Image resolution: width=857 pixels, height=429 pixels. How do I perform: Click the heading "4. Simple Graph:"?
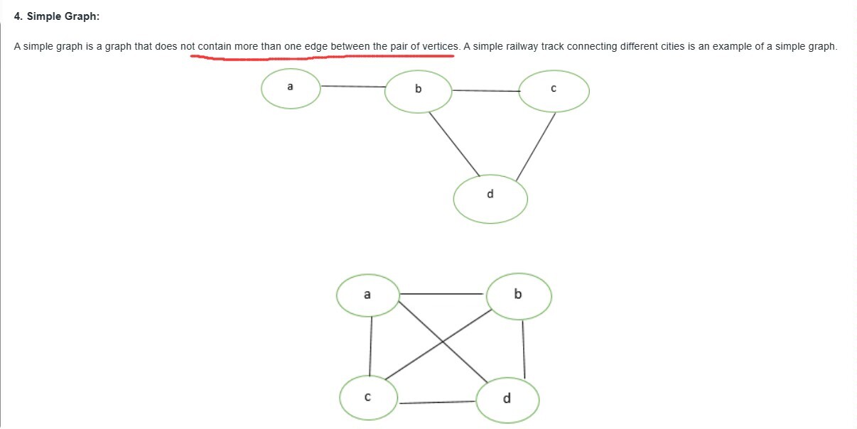(x=56, y=16)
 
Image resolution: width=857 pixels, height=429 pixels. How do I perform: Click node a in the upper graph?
(x=291, y=88)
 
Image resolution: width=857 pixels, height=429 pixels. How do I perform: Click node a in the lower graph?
(x=367, y=295)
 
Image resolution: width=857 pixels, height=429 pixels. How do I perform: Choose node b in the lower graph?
(x=518, y=295)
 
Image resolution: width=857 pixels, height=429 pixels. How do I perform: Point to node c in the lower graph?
(x=368, y=397)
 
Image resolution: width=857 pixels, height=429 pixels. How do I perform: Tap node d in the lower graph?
(x=507, y=399)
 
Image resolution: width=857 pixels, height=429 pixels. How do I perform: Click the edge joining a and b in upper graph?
(x=352, y=87)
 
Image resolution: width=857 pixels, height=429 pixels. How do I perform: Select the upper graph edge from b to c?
(x=486, y=91)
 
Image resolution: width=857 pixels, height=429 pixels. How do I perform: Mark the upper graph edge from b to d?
(x=453, y=143)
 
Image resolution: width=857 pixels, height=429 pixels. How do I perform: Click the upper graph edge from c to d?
(x=536, y=146)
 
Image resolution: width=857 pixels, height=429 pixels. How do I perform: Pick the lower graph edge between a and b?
(x=442, y=294)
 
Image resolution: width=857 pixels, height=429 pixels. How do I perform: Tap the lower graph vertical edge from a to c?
(x=370, y=346)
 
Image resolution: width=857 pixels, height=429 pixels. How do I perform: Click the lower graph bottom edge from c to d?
(x=437, y=403)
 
